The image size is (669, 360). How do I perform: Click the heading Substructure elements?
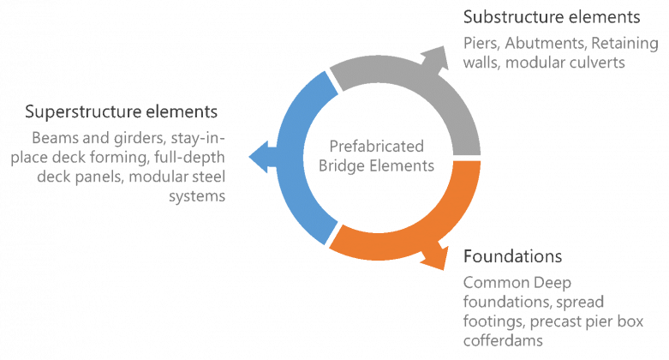pos(551,17)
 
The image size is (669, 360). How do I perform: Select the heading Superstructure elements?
pos(121,112)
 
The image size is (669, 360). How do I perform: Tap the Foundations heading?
pos(512,257)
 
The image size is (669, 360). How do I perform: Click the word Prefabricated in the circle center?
pos(377,147)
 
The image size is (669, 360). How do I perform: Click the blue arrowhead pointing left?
pos(255,154)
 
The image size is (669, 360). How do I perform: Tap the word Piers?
pos(481,42)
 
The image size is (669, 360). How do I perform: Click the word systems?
pos(203,196)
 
